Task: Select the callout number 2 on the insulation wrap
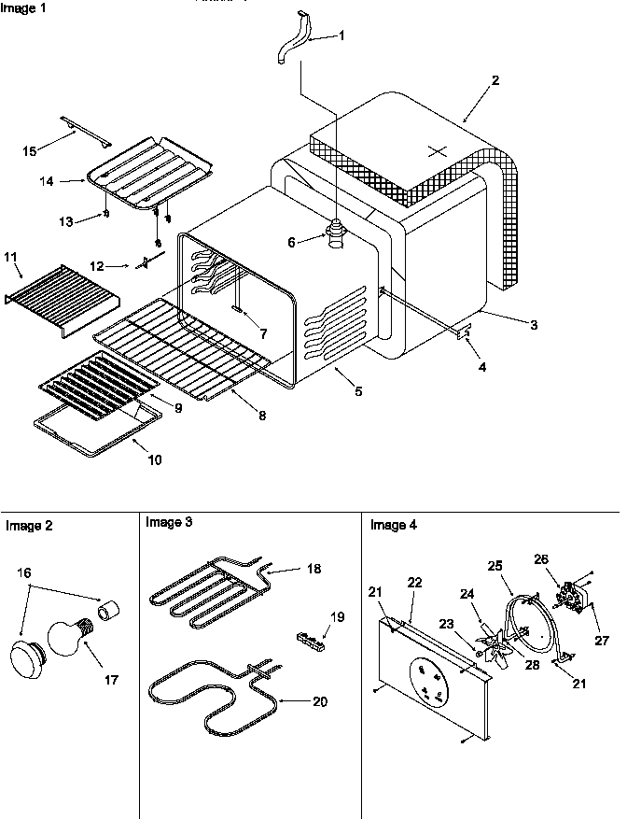(495, 80)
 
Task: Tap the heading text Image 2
(29, 526)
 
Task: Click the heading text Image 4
(394, 525)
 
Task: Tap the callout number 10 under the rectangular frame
(154, 460)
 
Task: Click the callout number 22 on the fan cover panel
(414, 582)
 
